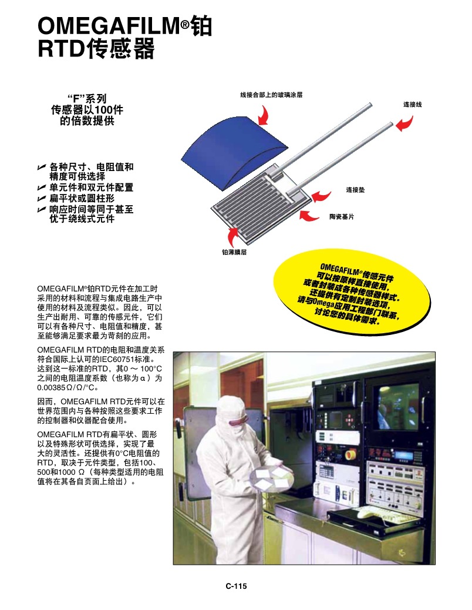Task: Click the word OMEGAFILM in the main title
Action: [x=109, y=26]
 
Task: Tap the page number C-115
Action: [x=236, y=585]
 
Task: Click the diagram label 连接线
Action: [x=412, y=104]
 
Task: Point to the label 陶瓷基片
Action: [x=341, y=217]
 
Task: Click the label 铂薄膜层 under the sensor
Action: [x=233, y=252]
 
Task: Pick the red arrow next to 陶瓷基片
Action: [x=311, y=215]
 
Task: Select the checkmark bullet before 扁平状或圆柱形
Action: [x=41, y=199]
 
